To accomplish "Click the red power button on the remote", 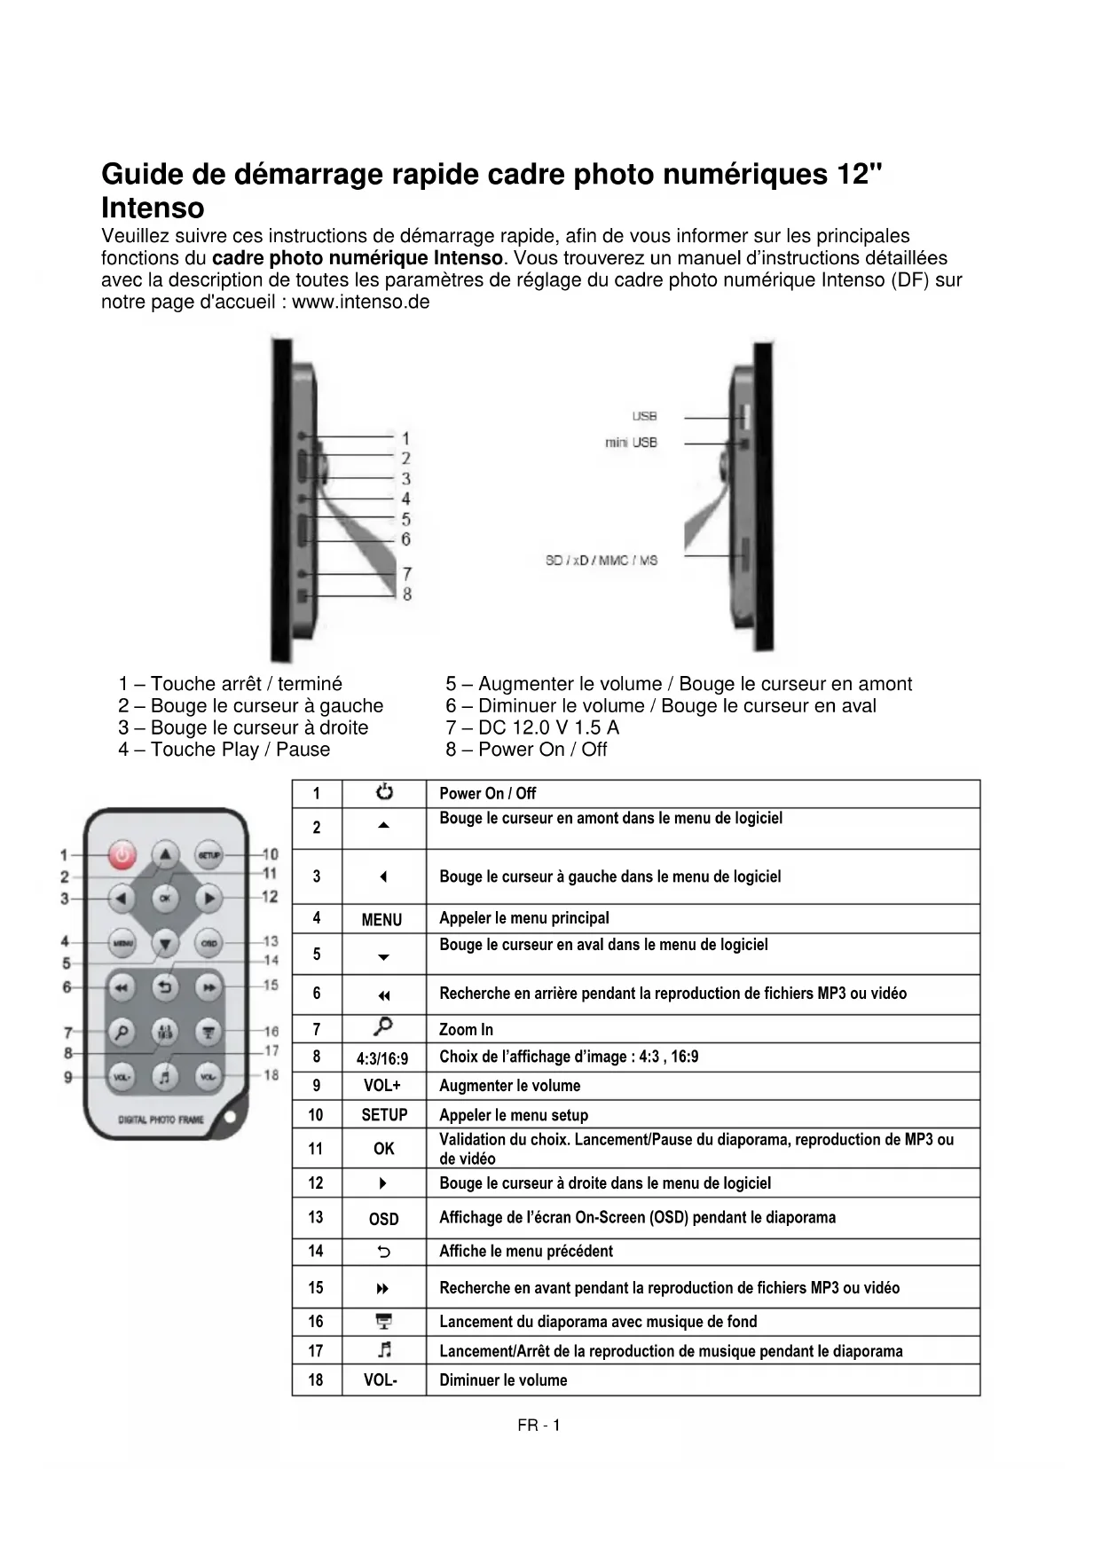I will coord(122,855).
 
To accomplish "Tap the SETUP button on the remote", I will coord(208,854).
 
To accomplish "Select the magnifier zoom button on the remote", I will coord(122,1032).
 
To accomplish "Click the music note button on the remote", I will coord(164,1076).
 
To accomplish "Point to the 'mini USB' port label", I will coord(631,443).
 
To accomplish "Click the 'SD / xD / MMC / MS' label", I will coord(602,561).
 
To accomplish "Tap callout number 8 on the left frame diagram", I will coord(407,594).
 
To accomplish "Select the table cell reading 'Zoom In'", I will coord(466,1029).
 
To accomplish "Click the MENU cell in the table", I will coord(382,920).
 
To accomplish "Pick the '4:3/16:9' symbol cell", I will coord(382,1058).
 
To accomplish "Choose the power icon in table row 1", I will coord(384,792).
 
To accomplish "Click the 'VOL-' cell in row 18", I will coord(381,1380).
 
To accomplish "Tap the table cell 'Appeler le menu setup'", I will coord(514,1115).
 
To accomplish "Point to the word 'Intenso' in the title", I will coord(153,208).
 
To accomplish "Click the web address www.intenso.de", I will coord(361,303).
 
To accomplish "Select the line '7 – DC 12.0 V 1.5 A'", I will coord(532,727).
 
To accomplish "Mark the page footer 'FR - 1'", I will coord(539,1426).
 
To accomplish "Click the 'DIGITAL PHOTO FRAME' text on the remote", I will coord(161,1120).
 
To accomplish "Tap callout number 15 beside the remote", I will coord(271,985).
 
